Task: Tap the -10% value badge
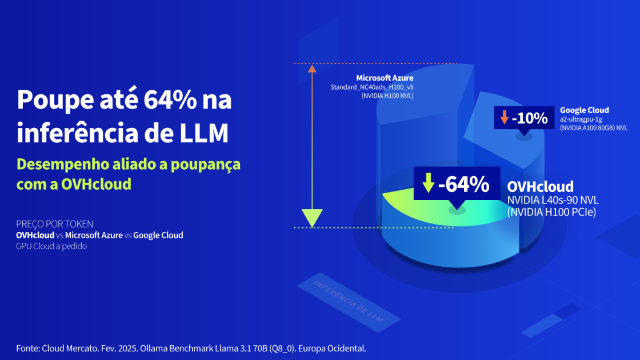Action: point(524,118)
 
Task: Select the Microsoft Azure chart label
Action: point(385,78)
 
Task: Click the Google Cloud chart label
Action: point(584,110)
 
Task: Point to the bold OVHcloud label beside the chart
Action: point(540,187)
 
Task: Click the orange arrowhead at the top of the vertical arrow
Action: point(312,69)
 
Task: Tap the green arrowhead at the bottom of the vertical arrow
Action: point(312,218)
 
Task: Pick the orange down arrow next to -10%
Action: point(504,118)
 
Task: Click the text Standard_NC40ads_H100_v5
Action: point(372,87)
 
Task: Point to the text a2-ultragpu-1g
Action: point(581,119)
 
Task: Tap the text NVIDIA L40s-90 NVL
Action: point(545,200)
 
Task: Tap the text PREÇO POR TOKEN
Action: point(54,224)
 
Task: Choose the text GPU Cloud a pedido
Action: point(51,246)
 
